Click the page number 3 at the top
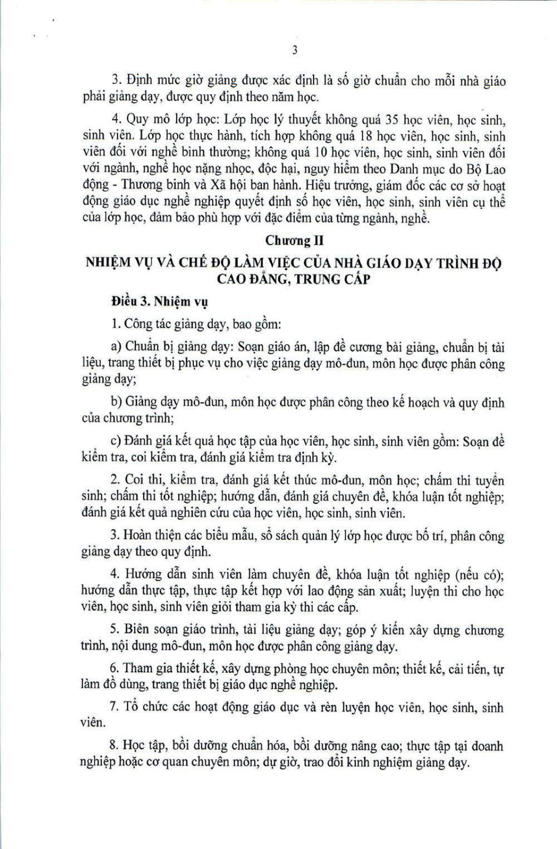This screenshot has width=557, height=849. point(295,51)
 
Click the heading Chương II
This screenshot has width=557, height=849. point(294,240)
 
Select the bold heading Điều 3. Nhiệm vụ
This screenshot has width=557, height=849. point(159,301)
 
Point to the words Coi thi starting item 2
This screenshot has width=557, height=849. point(142,480)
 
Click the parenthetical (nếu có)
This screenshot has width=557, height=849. point(479,575)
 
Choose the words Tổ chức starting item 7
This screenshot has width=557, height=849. point(143,707)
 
